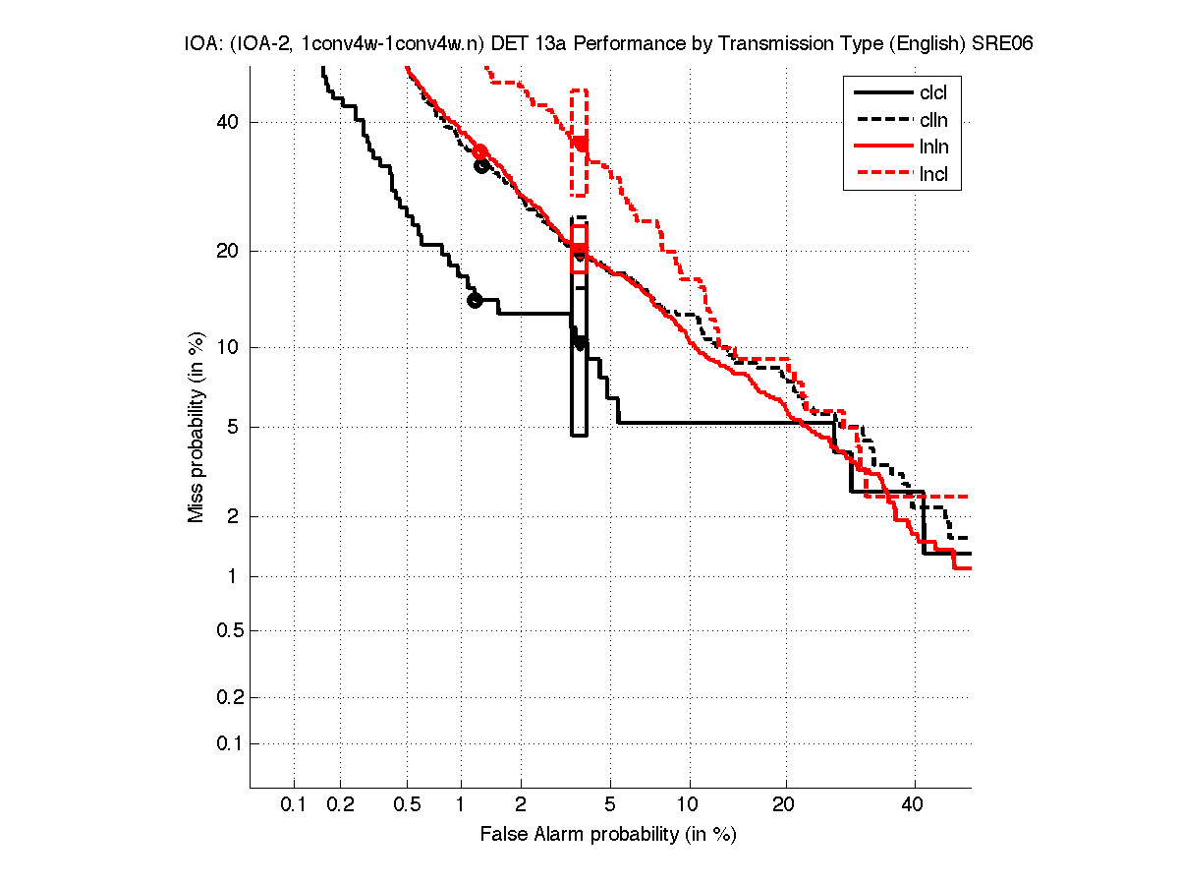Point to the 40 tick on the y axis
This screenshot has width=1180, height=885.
tap(228, 122)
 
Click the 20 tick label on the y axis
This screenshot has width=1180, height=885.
tap(228, 251)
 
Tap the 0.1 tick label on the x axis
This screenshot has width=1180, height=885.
tap(294, 805)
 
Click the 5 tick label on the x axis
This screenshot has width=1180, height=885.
tap(610, 805)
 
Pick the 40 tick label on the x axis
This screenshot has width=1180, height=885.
tap(914, 805)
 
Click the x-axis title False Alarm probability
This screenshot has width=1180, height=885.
tap(608, 835)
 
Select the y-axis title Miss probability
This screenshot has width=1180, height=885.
tap(197, 426)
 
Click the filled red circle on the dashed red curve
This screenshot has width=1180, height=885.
tap(581, 144)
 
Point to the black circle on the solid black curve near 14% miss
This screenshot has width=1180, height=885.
tap(475, 300)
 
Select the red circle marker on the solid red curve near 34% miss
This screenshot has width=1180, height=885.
tap(480, 151)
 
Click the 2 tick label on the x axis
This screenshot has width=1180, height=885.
tap(522, 805)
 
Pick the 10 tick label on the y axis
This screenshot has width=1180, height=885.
tap(228, 346)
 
